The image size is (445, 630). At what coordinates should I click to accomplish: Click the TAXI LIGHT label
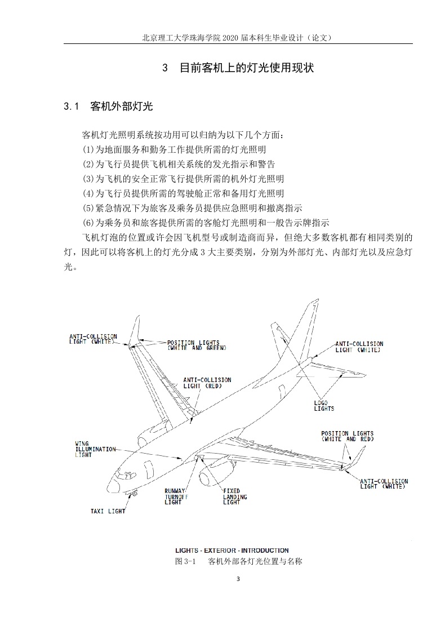[108, 511]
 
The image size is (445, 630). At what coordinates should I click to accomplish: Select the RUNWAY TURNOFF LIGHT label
[176, 496]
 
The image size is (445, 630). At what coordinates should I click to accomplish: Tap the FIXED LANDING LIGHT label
[235, 496]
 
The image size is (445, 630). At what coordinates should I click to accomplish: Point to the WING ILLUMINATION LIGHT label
[95, 449]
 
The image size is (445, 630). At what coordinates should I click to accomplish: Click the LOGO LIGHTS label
[324, 406]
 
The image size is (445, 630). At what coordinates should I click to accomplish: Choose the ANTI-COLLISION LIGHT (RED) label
[207, 383]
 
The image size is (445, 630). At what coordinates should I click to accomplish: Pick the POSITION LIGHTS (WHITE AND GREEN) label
[197, 345]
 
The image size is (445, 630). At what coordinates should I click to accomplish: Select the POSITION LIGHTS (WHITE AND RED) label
[348, 436]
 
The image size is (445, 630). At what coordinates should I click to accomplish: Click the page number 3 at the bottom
[238, 579]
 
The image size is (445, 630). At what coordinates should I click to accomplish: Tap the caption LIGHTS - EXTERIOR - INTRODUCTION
[232, 551]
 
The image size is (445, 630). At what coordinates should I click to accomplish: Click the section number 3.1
[71, 107]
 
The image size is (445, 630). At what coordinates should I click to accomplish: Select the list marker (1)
[88, 149]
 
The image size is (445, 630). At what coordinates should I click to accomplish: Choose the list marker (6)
[88, 223]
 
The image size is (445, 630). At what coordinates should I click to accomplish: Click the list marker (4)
[88, 193]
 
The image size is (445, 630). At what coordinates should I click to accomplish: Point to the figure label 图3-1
[185, 561]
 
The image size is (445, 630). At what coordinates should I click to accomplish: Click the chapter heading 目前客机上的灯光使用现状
[247, 68]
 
